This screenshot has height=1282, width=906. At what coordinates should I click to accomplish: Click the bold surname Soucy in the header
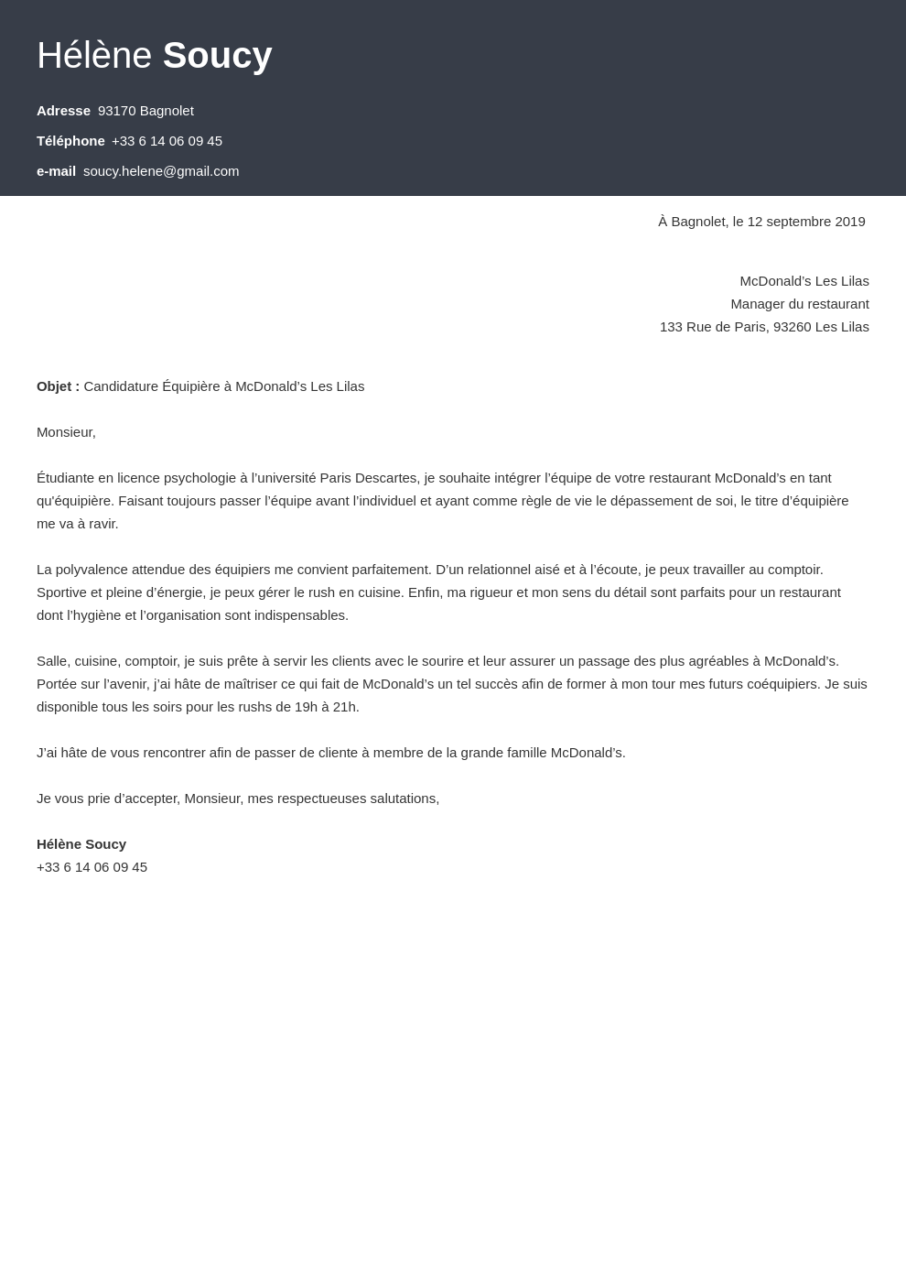217,56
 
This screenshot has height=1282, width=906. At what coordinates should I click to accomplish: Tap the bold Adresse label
63,111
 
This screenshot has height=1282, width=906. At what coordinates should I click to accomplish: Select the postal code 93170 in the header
116,111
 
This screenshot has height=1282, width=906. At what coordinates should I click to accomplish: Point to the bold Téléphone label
70,141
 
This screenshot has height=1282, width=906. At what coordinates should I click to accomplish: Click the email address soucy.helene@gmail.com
161,171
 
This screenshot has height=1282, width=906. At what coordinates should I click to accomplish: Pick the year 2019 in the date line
849,222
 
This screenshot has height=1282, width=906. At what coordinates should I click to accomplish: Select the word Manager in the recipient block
757,304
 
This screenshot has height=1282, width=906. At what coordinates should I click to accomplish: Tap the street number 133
671,327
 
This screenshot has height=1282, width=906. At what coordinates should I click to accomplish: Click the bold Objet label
58,386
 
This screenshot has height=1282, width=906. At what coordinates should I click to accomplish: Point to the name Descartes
384,478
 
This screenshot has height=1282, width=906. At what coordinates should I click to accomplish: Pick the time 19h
305,707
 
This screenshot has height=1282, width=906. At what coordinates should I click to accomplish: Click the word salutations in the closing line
404,799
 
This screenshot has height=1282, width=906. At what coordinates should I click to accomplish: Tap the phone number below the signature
92,867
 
